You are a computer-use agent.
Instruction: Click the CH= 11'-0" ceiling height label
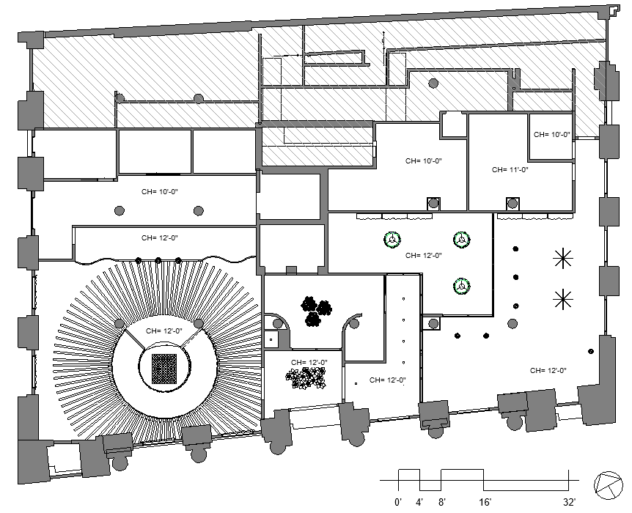pos(510,169)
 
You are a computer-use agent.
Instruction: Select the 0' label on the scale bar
pos(399,503)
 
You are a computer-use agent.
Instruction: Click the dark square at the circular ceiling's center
pos(164,369)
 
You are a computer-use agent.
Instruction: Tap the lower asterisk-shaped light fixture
pos(563,298)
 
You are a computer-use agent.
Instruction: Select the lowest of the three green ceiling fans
pos(460,287)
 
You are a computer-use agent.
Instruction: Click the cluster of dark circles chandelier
pos(315,311)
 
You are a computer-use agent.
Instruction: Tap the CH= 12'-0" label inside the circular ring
pos(163,331)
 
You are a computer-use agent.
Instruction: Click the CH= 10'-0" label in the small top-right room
pos(551,134)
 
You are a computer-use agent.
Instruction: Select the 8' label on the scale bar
pos(441,503)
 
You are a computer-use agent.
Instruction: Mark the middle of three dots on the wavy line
pos(158,259)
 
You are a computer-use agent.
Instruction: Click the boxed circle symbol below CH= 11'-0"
pos(515,204)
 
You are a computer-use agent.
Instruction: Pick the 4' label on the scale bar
pos(420,503)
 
